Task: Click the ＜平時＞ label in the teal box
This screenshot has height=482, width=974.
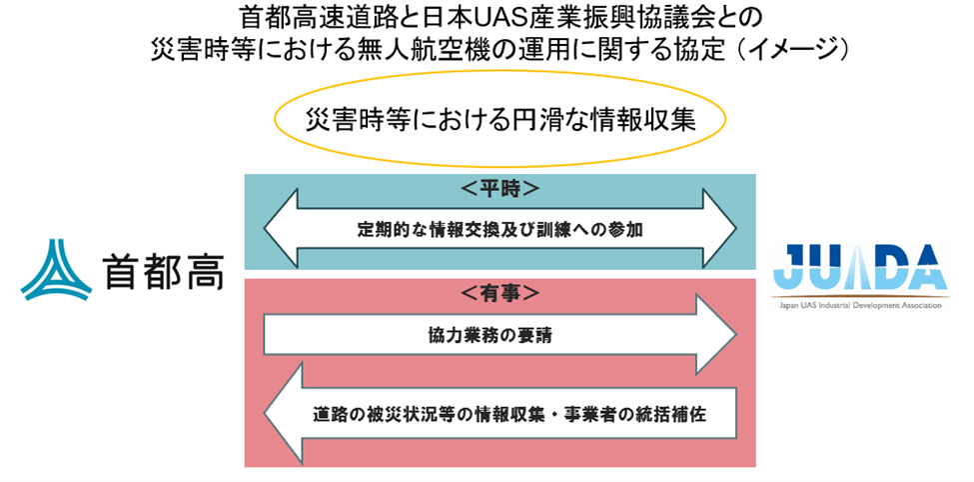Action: [500, 189]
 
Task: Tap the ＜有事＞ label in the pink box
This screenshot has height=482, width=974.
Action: [500, 293]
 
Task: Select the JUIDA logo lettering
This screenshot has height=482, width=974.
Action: [859, 267]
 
